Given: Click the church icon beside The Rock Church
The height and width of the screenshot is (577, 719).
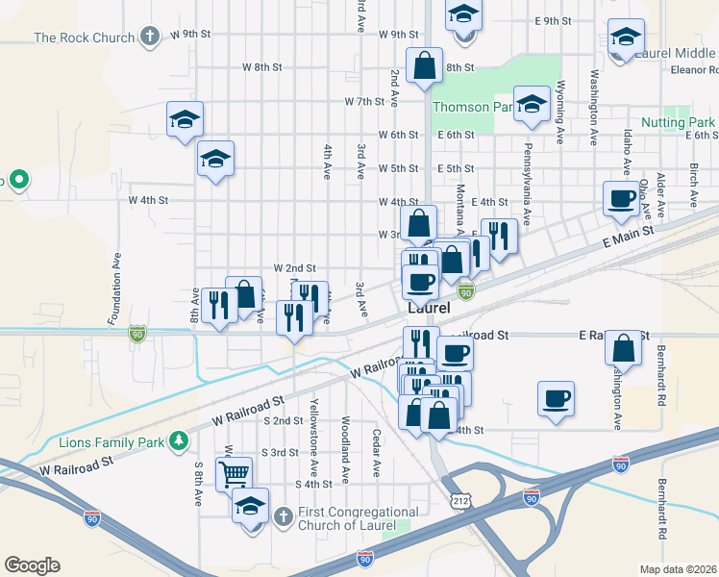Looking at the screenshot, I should click(149, 37).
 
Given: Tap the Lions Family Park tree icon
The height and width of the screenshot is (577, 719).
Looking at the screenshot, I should click(178, 440).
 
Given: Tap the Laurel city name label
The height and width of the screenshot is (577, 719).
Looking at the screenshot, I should click(429, 309).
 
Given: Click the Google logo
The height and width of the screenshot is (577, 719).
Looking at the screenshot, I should click(32, 565).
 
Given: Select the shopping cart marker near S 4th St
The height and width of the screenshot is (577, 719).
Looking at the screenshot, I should click(235, 473).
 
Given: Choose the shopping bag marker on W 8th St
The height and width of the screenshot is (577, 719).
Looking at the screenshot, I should click(424, 66).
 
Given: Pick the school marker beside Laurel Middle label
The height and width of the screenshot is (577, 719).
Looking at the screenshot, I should click(626, 38).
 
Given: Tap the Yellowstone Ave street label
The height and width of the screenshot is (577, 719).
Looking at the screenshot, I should click(314, 423).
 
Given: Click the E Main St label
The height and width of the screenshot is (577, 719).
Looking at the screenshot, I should click(629, 236).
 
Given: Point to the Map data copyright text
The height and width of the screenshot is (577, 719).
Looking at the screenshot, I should click(678, 569).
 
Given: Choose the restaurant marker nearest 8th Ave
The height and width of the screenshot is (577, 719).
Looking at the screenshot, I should click(219, 306).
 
